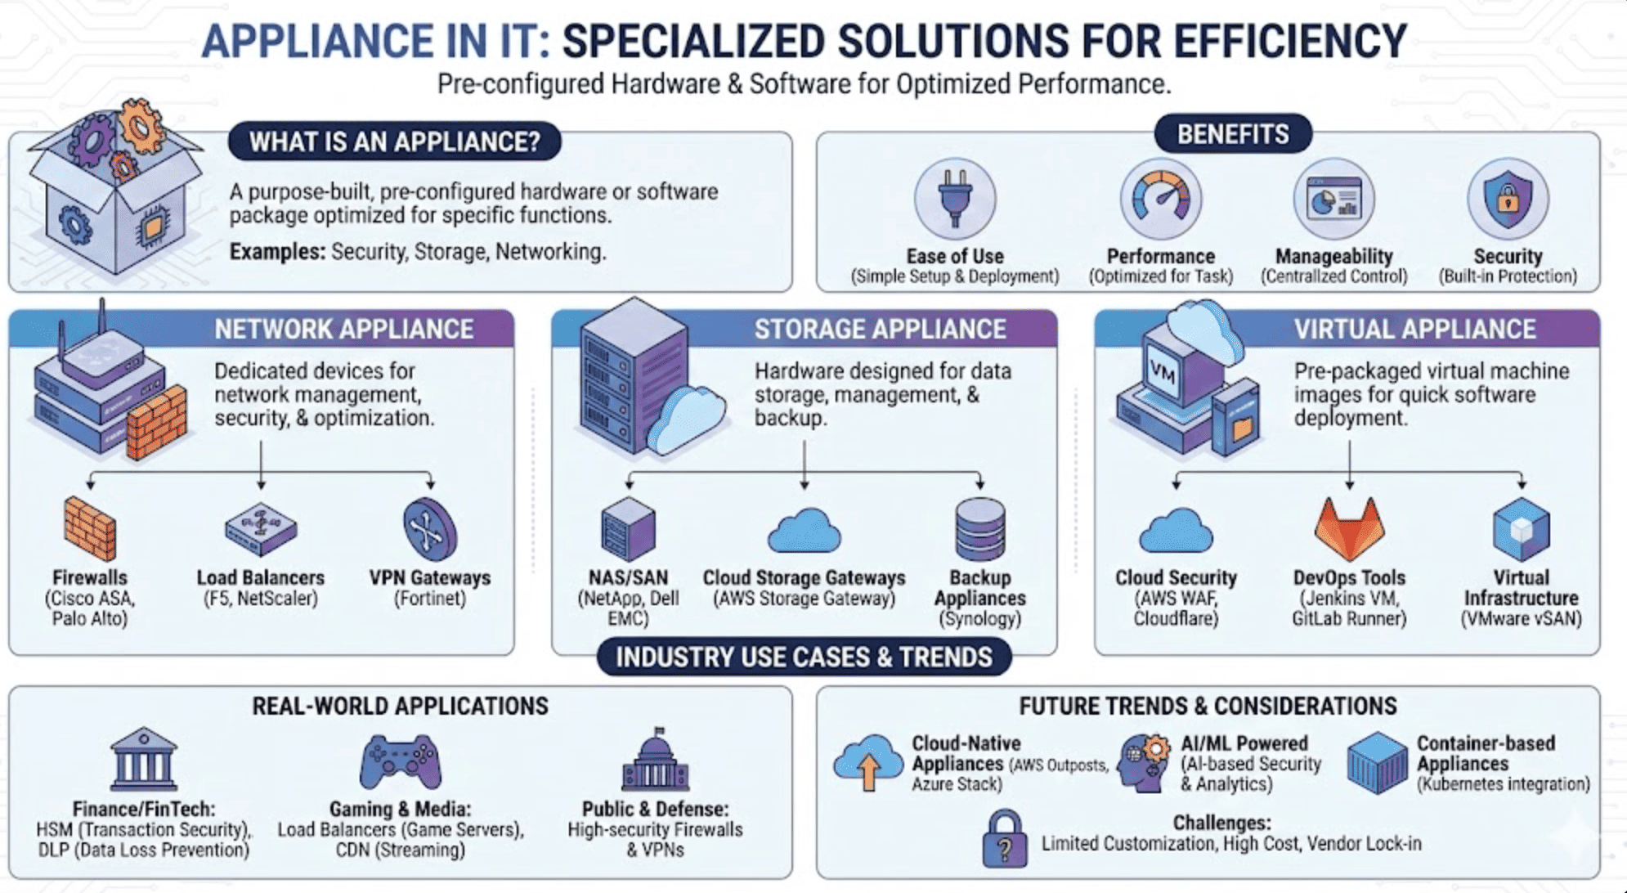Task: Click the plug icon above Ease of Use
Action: (954, 198)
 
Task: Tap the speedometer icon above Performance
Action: (1160, 198)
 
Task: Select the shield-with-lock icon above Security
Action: (1508, 198)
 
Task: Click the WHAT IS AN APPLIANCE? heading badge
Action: (395, 141)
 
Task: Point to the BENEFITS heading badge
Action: (1233, 134)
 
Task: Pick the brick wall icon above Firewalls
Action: (90, 528)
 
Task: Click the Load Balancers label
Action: (260, 577)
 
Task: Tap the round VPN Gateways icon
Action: (430, 529)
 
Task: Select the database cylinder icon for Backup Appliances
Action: (979, 529)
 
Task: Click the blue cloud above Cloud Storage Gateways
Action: (804, 531)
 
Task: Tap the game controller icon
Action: (401, 761)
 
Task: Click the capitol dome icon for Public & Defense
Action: (655, 760)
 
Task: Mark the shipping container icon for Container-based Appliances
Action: (1377, 763)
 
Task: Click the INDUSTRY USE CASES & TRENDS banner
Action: (804, 657)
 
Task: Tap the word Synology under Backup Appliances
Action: (979, 619)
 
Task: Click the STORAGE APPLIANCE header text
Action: (880, 329)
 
